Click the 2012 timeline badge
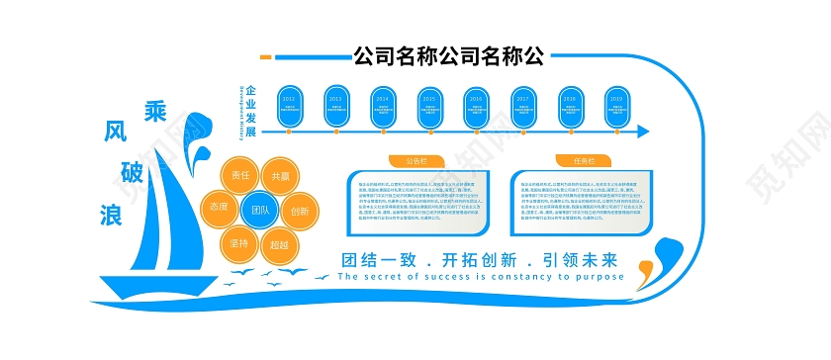coord(288,101)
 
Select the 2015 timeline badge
coord(428,101)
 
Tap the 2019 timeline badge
coord(616,101)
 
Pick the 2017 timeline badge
coord(522,101)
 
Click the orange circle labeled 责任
coord(240,175)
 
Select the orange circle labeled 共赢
coord(280,175)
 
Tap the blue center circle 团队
coord(260,210)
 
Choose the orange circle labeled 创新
coord(300,210)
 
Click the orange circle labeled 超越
coord(280,243)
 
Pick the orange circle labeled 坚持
coord(240,243)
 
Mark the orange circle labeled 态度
coord(220,208)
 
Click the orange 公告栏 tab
coord(416,160)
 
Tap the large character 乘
coord(155,110)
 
